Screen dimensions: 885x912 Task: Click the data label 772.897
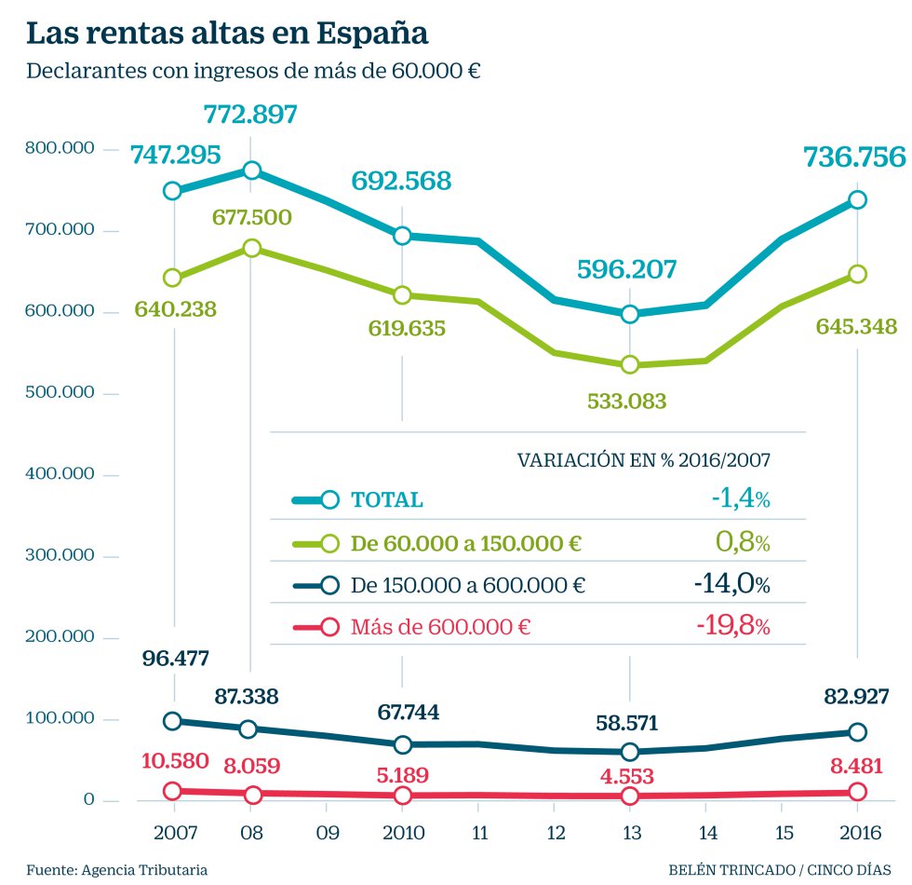(250, 116)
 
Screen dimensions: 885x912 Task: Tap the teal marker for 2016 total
(857, 199)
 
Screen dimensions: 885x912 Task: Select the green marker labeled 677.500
(250, 249)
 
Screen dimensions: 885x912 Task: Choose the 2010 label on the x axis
(402, 831)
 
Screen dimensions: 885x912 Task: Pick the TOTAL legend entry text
(386, 499)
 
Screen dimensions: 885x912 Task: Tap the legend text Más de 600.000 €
(440, 627)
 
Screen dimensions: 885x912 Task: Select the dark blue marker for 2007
(173, 721)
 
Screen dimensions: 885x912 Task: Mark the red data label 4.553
(629, 776)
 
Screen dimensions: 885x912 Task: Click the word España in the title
(373, 34)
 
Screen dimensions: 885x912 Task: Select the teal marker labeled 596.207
(629, 314)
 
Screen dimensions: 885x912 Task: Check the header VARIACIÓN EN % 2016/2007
(644, 459)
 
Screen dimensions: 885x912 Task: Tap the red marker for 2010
(402, 796)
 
